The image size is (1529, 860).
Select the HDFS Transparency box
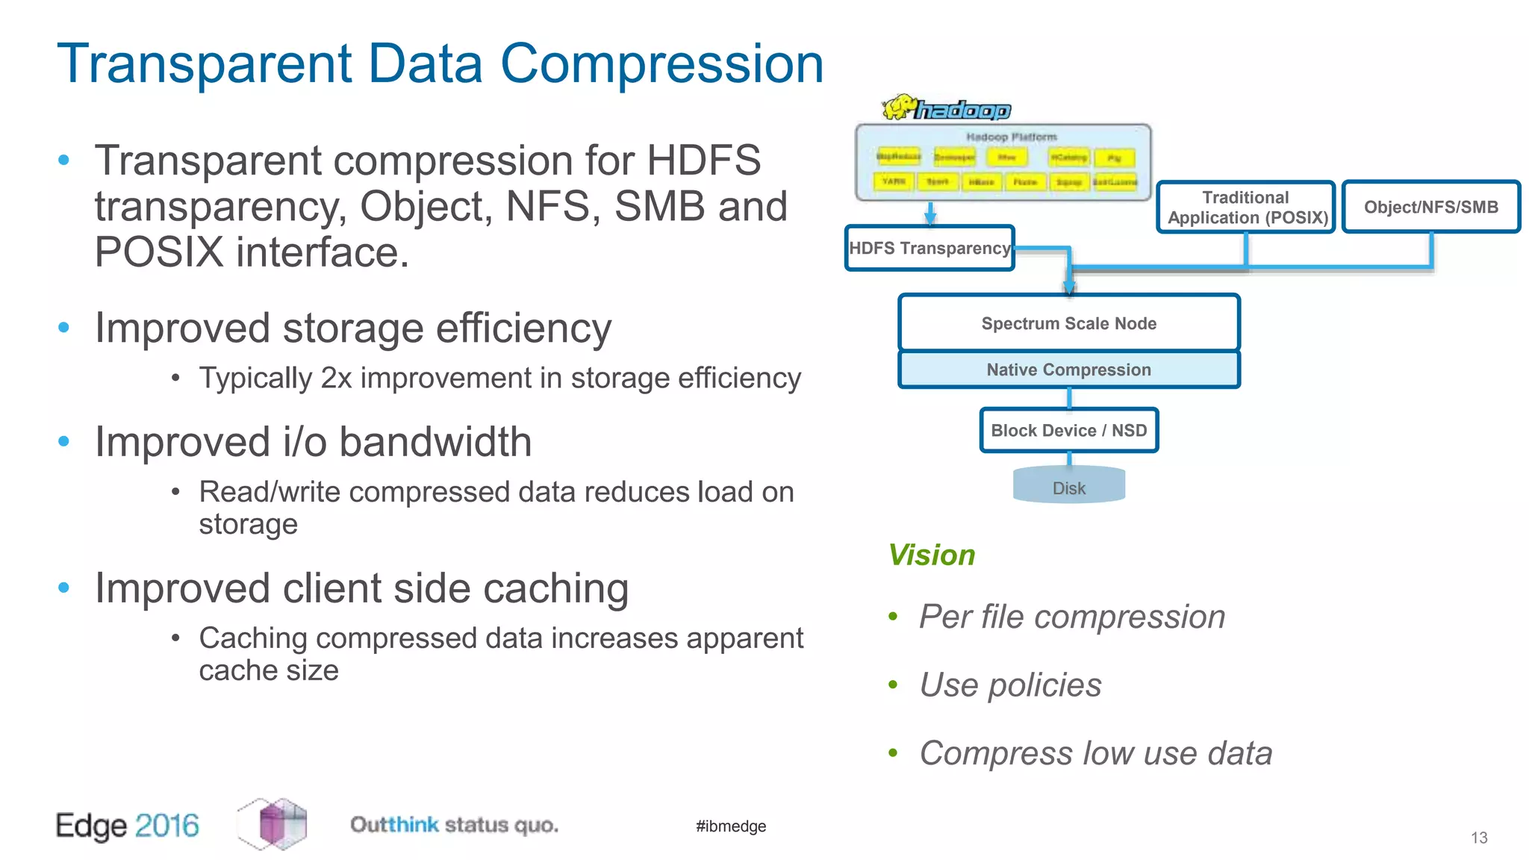click(x=929, y=248)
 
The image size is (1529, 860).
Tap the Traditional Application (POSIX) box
click(x=1246, y=208)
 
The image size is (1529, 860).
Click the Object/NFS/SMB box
click(x=1430, y=207)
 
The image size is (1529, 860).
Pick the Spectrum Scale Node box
click(x=1068, y=323)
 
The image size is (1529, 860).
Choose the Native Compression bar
click(x=1068, y=370)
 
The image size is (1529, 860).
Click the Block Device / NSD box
click(x=1068, y=430)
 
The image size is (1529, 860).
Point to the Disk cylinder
click(x=1068, y=486)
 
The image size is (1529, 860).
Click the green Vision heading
click(x=932, y=555)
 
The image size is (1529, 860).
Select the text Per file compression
click(x=1072, y=617)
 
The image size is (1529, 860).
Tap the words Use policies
click(x=1010, y=685)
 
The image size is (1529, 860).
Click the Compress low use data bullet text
click(x=1095, y=753)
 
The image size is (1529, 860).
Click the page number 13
click(x=1479, y=838)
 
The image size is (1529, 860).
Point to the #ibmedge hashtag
click(x=731, y=826)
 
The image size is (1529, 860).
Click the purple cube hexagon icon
click(x=273, y=824)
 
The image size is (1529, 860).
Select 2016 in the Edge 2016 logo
click(x=167, y=826)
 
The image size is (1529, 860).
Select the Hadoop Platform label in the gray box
click(x=1012, y=137)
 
